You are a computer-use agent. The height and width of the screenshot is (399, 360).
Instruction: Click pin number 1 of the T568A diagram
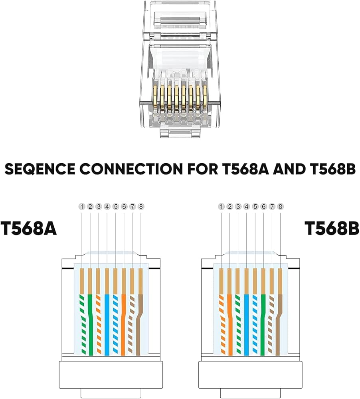82,207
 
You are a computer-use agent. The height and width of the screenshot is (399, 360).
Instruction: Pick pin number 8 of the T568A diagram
140,207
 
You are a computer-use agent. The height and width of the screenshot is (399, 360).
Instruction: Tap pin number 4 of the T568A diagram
107,207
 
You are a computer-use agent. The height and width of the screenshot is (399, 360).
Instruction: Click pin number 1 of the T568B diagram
222,207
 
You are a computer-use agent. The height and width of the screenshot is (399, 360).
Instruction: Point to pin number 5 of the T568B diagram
255,207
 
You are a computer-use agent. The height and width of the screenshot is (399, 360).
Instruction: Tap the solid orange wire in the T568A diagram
124,319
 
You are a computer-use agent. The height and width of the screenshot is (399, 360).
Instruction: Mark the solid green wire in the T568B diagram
263,319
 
